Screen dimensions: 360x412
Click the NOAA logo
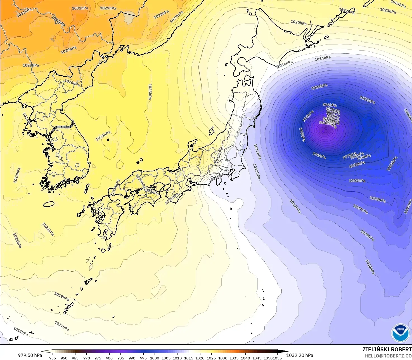click(x=400, y=333)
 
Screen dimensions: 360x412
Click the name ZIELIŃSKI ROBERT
click(x=387, y=349)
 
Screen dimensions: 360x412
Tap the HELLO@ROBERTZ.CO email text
click(x=388, y=356)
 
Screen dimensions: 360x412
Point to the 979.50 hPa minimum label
click(x=30, y=355)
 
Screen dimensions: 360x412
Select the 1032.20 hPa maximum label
click(x=300, y=355)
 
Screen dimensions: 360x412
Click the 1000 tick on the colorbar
click(x=155, y=358)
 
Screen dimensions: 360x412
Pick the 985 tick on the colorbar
click(x=120, y=358)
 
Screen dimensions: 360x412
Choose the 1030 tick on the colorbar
click(x=223, y=358)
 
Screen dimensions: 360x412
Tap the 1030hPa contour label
click(x=58, y=21)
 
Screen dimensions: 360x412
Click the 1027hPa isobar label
click(x=177, y=17)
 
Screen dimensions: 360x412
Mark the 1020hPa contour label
click(x=299, y=22)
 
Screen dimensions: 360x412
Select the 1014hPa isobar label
click(x=323, y=58)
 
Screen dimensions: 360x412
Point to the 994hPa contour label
click(x=330, y=105)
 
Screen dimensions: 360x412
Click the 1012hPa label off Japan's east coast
click(x=257, y=152)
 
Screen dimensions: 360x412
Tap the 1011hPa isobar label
click(x=295, y=206)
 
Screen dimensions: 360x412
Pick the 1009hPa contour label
click(x=367, y=235)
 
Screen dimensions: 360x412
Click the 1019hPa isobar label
click(x=61, y=296)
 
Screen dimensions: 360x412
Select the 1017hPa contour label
click(x=61, y=326)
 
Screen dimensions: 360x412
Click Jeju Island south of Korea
click(x=49, y=204)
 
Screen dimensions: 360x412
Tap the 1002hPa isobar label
click(x=367, y=100)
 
